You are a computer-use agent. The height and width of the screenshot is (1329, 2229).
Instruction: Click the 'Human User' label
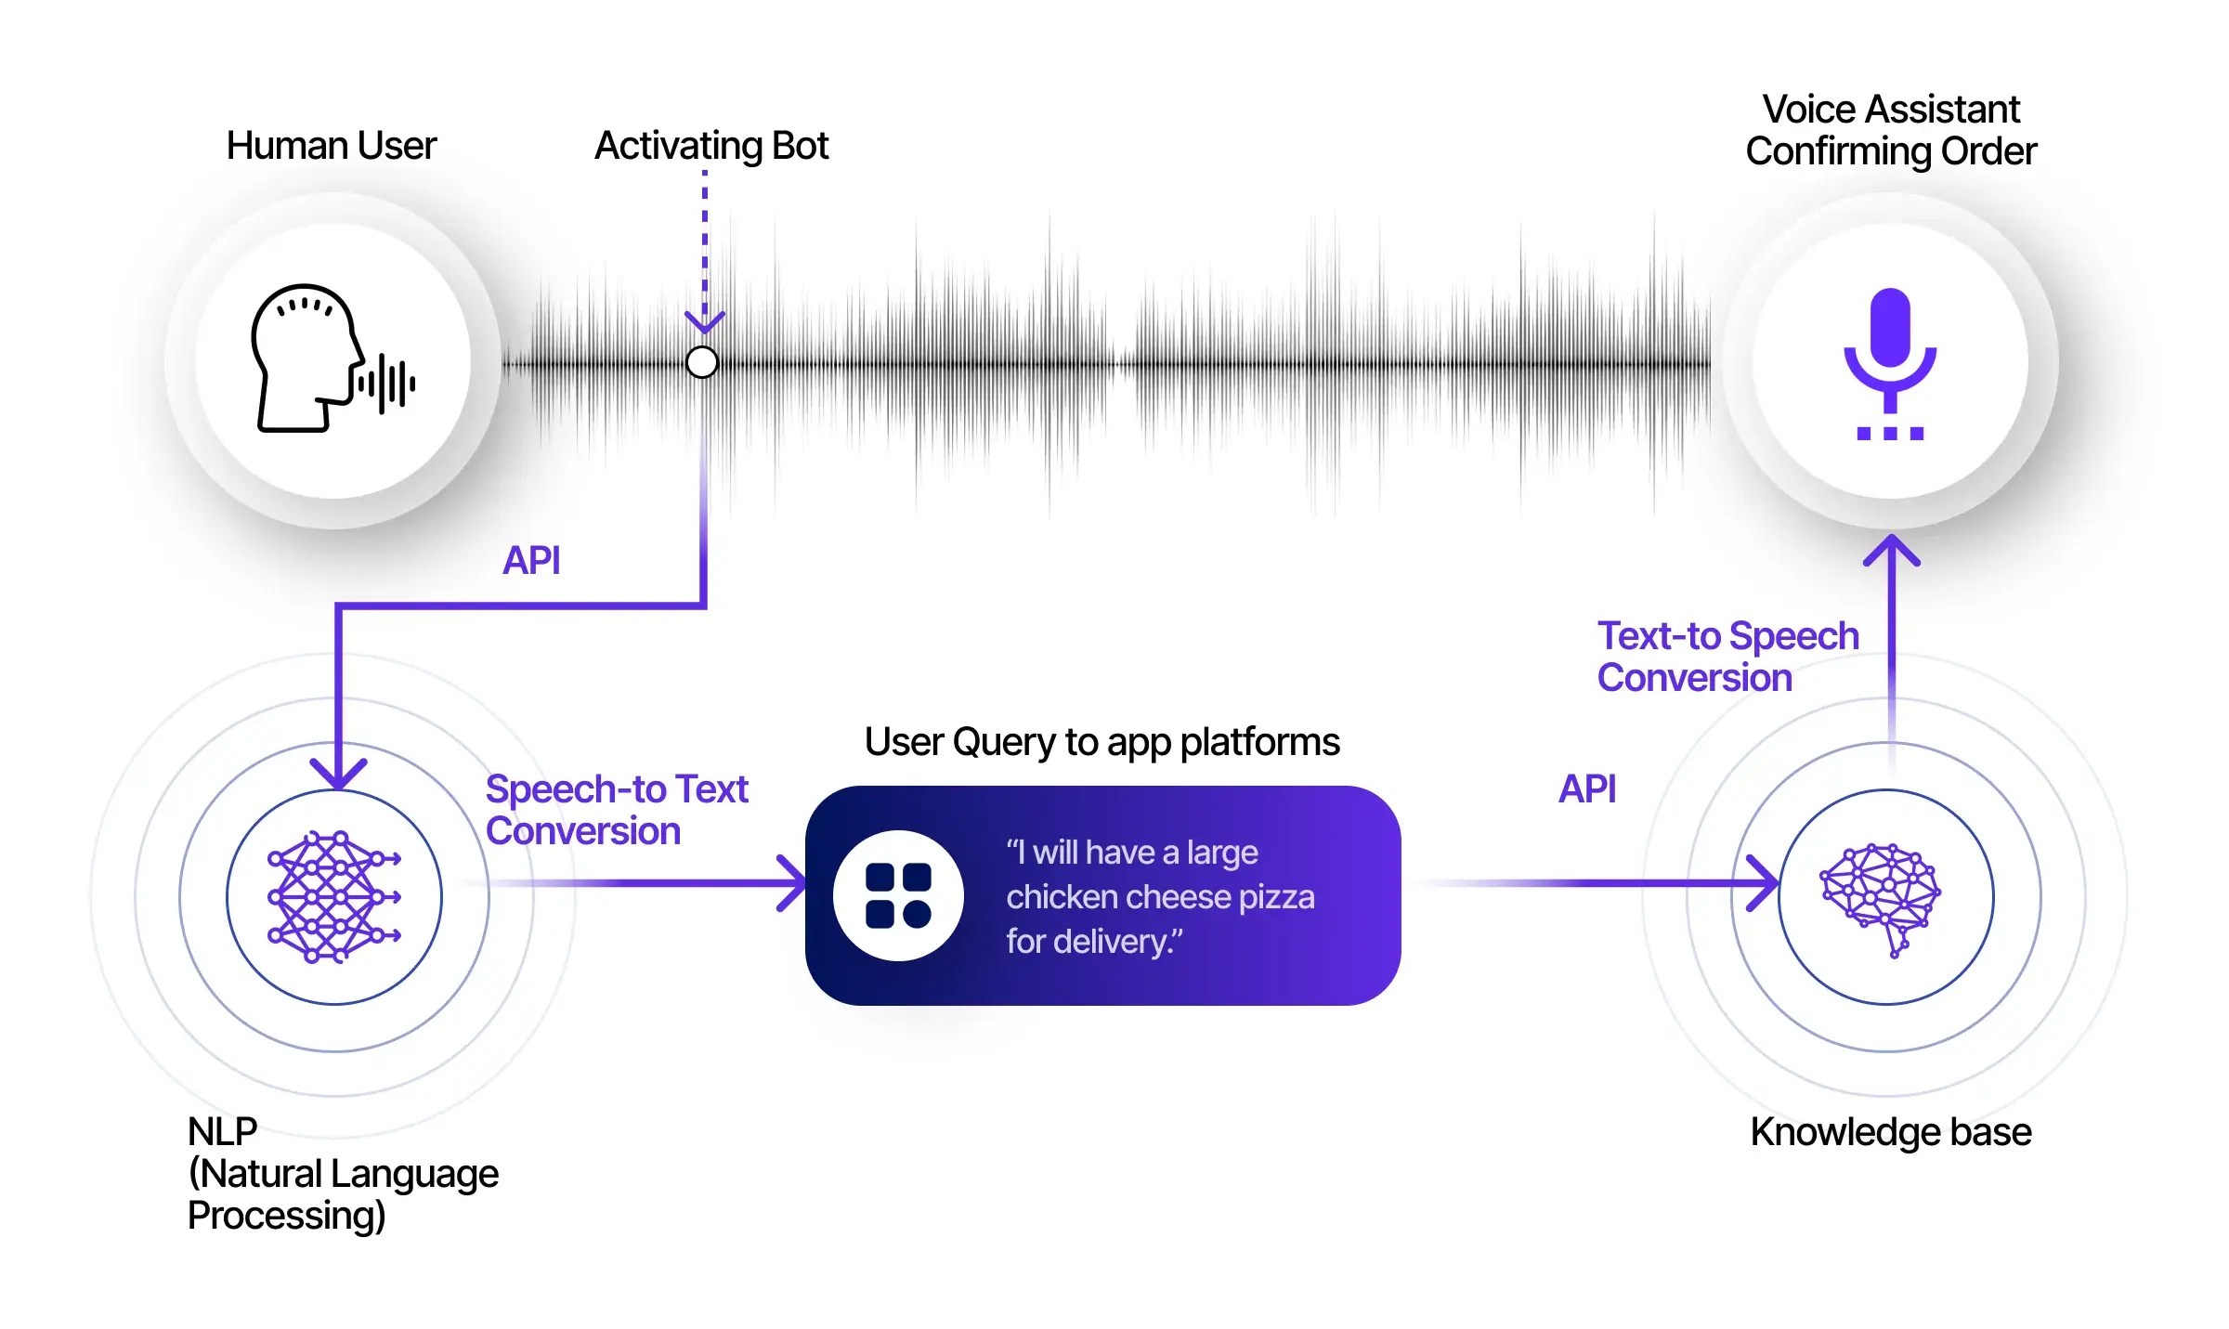(x=331, y=146)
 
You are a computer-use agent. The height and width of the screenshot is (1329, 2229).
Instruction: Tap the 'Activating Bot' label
(x=711, y=146)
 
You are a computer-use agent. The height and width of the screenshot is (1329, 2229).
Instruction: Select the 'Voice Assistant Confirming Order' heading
(x=1890, y=130)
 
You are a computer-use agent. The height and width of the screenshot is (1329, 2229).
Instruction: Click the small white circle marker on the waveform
(x=702, y=362)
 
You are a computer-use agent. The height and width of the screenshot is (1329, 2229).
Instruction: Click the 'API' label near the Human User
(x=531, y=560)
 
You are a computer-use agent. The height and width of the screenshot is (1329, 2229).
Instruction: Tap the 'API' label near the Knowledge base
(x=1586, y=788)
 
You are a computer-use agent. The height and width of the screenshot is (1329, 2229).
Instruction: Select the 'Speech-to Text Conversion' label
(x=616, y=810)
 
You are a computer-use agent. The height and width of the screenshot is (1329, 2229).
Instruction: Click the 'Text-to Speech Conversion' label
(x=1727, y=657)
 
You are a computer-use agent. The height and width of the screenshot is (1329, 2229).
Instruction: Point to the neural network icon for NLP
(x=333, y=897)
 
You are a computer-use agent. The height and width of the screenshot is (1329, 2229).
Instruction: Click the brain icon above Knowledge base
(x=1882, y=897)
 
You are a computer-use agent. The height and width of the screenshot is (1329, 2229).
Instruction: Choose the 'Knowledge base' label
(x=1890, y=1132)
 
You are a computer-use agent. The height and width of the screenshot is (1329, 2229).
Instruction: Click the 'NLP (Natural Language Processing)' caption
(x=343, y=1174)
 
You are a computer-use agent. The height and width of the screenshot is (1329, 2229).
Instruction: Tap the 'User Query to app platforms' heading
(x=1101, y=742)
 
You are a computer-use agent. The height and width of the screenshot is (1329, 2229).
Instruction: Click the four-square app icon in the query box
(x=898, y=895)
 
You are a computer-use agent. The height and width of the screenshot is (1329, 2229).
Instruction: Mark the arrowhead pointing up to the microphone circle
(x=1891, y=549)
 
